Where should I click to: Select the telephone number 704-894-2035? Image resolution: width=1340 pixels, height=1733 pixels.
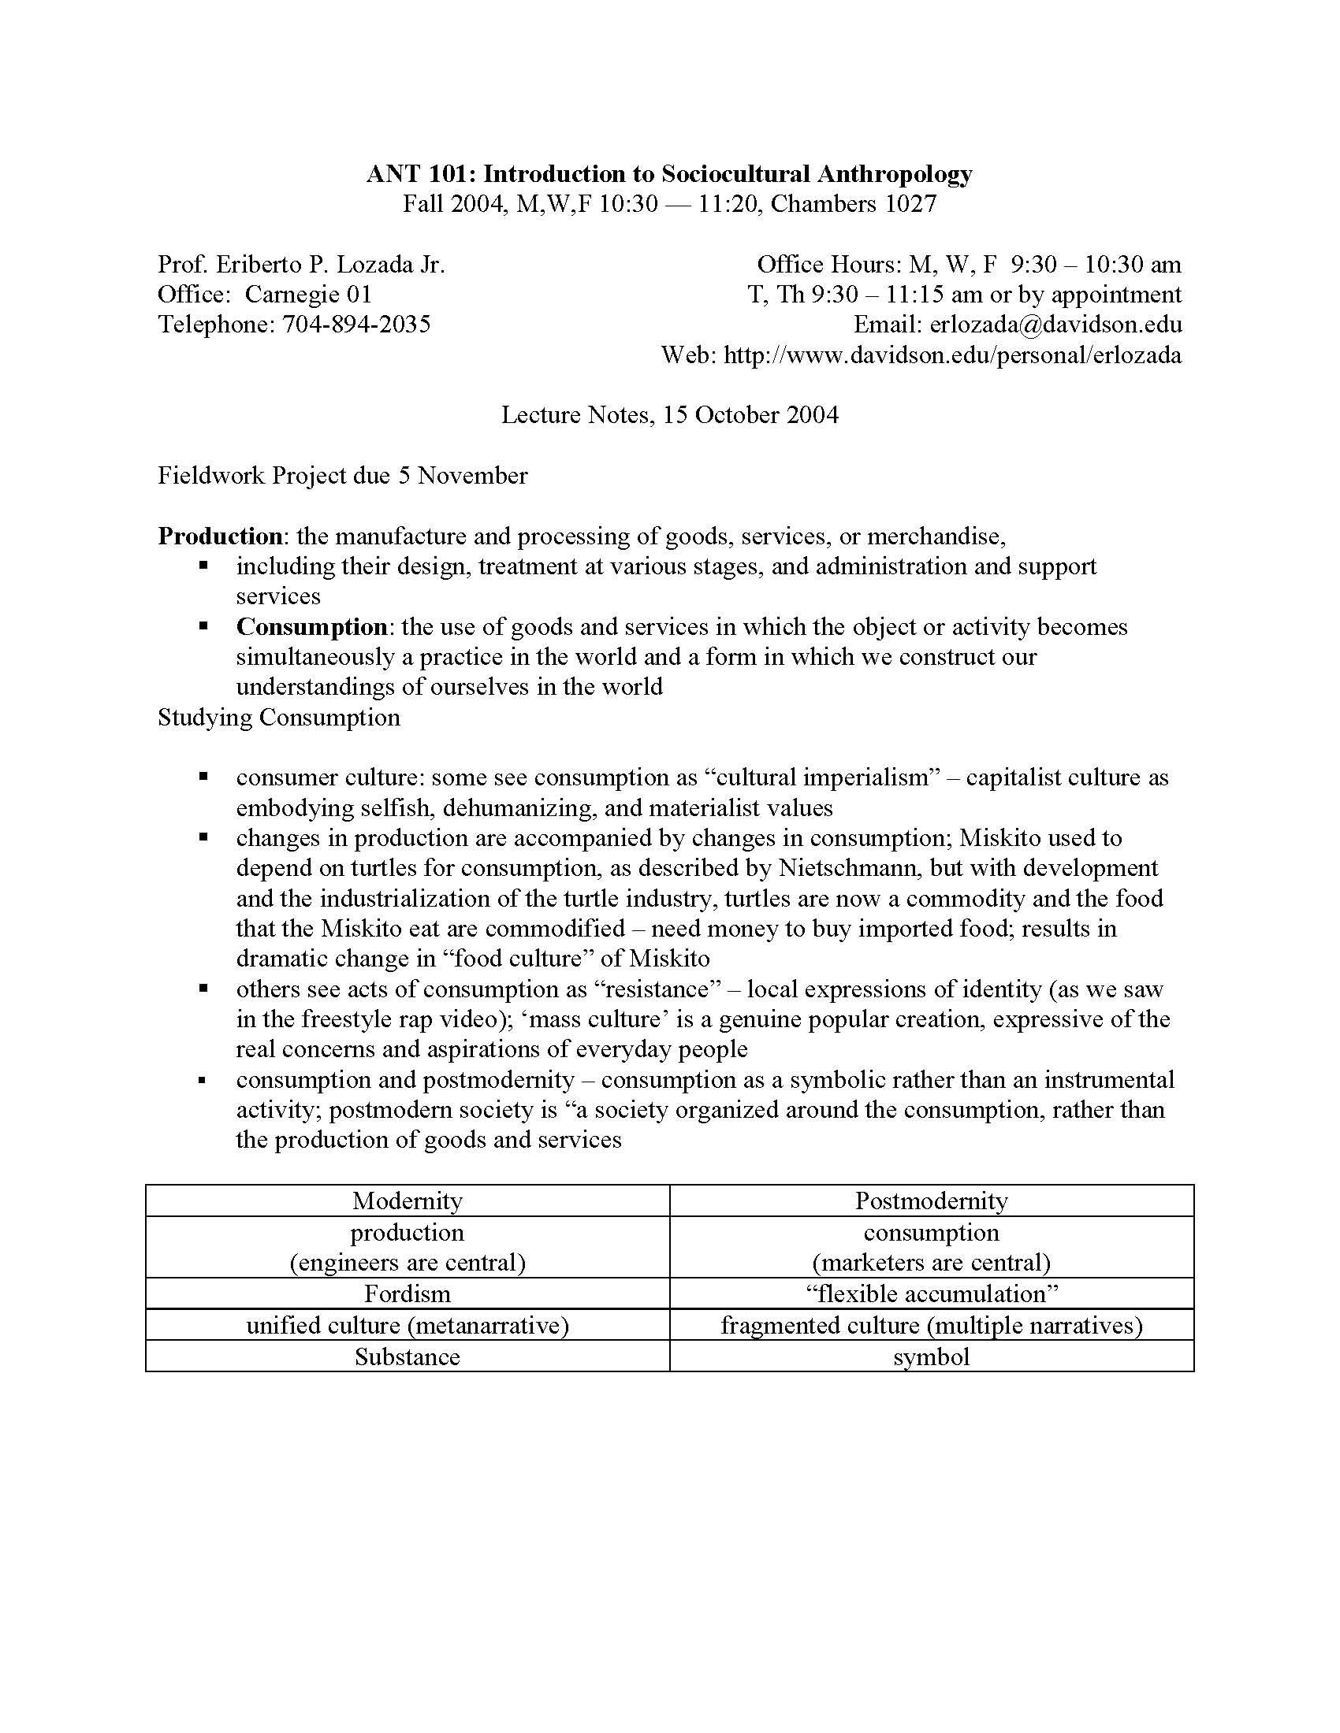(356, 325)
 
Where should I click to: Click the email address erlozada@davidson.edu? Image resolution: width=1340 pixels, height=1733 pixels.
(1055, 325)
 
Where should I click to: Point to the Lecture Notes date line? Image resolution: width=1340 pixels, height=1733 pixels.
(669, 415)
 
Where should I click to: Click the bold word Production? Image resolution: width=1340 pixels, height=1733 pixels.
(220, 536)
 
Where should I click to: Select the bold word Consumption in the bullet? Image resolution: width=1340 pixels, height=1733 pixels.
(311, 627)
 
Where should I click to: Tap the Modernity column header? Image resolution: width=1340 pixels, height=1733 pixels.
(408, 1200)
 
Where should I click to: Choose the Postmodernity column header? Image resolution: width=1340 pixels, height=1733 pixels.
(931, 1200)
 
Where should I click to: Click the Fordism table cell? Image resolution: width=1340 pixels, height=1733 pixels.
(408, 1293)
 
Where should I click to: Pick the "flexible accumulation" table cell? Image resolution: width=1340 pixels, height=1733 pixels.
(931, 1293)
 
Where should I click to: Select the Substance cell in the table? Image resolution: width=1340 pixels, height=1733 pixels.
(408, 1356)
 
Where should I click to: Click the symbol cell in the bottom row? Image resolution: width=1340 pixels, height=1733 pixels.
(931, 1356)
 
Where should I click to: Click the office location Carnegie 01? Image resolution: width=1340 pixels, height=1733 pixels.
(308, 295)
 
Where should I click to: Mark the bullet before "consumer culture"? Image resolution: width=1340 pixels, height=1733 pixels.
(204, 777)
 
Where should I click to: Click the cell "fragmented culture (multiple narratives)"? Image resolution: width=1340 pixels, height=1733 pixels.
(931, 1325)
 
